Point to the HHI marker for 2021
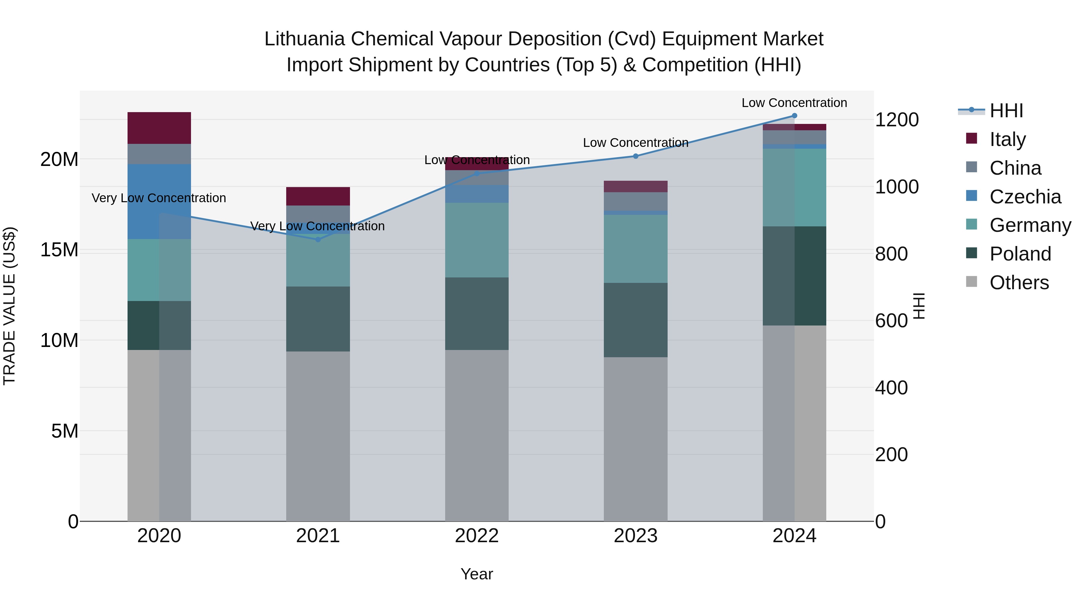click(x=318, y=239)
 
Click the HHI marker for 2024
click(x=794, y=116)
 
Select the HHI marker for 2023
click(x=635, y=156)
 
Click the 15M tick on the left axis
click(x=59, y=250)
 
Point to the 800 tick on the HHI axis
click(x=891, y=254)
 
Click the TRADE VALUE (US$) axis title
click(x=9, y=306)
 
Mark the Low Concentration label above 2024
click(x=794, y=103)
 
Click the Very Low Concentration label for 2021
click(x=318, y=226)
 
